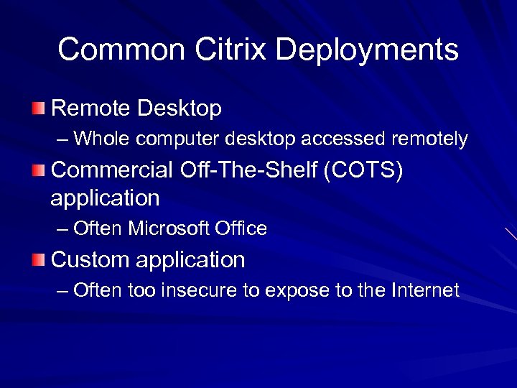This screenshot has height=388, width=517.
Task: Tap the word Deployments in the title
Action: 367,51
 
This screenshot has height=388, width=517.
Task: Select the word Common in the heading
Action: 121,50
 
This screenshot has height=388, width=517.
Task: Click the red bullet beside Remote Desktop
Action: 37,108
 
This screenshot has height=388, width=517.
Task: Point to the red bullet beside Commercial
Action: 37,170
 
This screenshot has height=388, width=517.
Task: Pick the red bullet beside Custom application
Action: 37,259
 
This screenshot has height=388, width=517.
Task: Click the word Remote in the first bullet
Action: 91,108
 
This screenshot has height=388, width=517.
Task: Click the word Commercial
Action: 112,170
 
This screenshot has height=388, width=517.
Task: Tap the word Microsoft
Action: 169,229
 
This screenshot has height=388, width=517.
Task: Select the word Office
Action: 241,229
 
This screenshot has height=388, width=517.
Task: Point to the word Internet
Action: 425,290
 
